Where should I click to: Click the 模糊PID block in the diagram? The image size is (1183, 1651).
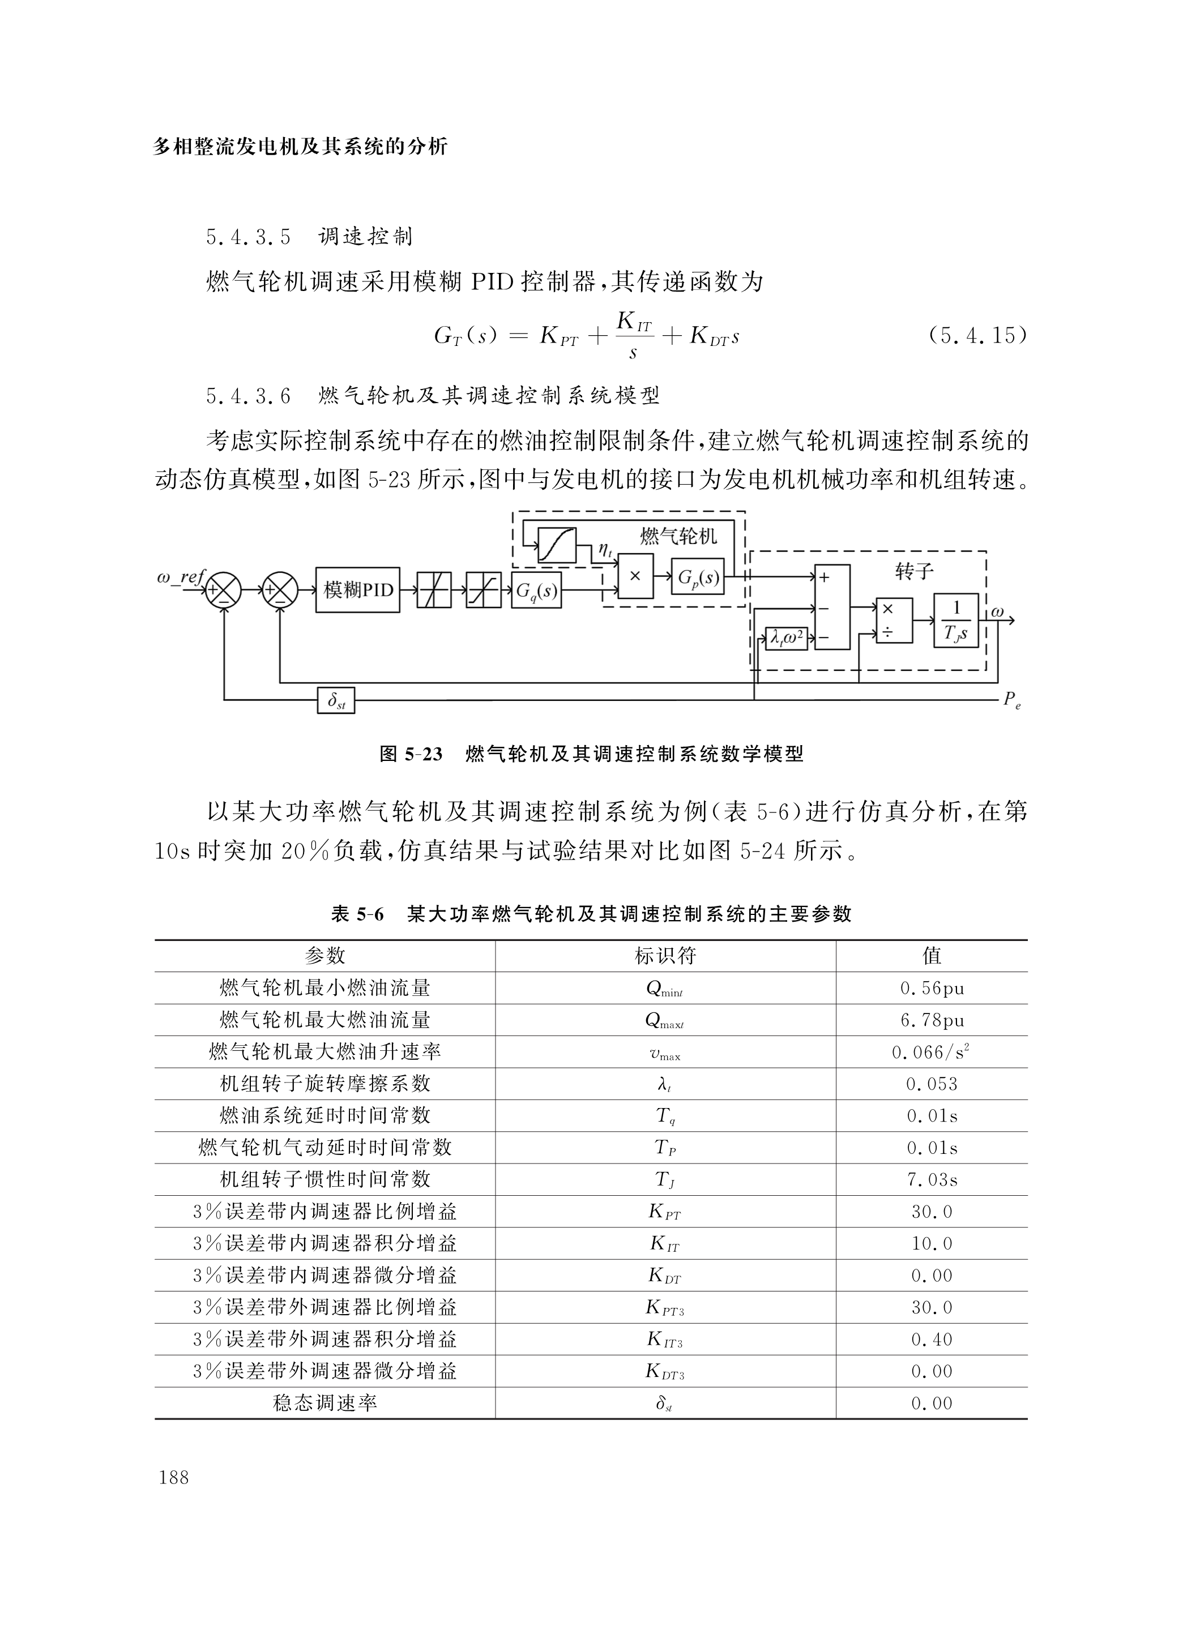pyautogui.click(x=357, y=589)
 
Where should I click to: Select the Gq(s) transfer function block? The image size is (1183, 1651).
pyautogui.click(x=536, y=591)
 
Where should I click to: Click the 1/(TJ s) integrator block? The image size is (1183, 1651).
pyautogui.click(x=956, y=620)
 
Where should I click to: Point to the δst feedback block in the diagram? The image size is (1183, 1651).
pyautogui.click(x=336, y=700)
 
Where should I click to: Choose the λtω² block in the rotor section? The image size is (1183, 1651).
pyautogui.click(x=786, y=639)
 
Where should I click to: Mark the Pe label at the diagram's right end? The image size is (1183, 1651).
pyautogui.click(x=1011, y=700)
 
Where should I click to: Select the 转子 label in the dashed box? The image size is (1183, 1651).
pyautogui.click(x=913, y=571)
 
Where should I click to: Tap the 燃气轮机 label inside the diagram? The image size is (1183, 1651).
pyautogui.click(x=678, y=537)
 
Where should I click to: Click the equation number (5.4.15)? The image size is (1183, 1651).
pyautogui.click(x=977, y=336)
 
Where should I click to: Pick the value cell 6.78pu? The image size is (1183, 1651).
pyautogui.click(x=932, y=1021)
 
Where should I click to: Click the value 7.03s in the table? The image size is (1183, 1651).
pyautogui.click(x=932, y=1179)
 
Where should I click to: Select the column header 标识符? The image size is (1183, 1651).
pyautogui.click(x=665, y=956)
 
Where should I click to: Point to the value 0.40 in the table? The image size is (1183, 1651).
pyautogui.click(x=932, y=1340)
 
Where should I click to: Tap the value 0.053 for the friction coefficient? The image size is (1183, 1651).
pyautogui.click(x=932, y=1084)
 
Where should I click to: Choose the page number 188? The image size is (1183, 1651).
pyautogui.click(x=173, y=1477)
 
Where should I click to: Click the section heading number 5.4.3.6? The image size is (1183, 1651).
pyautogui.click(x=248, y=396)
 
